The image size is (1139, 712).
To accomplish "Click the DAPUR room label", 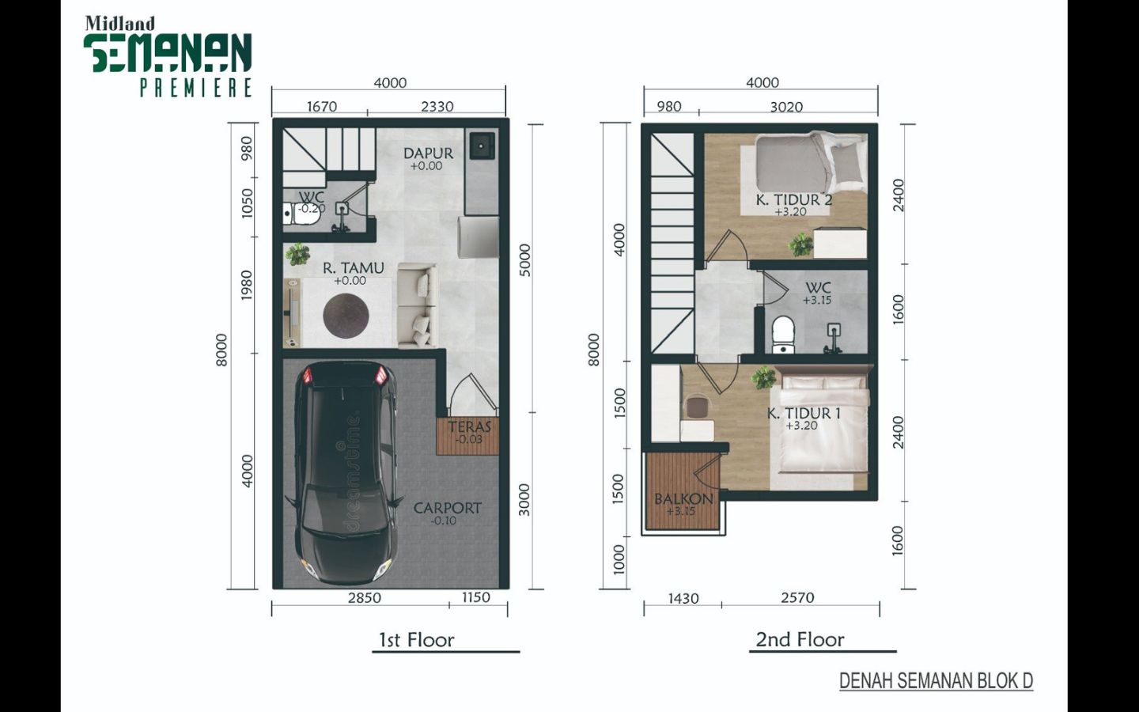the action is [428, 153].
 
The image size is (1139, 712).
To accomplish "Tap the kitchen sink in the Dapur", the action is [481, 146].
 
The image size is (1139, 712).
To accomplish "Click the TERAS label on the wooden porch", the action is [469, 426].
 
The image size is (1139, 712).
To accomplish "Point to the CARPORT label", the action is [447, 508].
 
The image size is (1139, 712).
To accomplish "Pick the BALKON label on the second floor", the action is [683, 499].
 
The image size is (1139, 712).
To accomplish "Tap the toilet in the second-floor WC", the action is [782, 334].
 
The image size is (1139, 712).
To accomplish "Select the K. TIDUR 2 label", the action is [794, 200].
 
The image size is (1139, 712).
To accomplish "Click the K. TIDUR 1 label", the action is [804, 414].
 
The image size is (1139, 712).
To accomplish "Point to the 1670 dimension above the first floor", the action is [321, 106].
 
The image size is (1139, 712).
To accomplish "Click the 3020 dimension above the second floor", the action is [786, 107].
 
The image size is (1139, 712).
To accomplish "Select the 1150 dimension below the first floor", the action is [475, 597].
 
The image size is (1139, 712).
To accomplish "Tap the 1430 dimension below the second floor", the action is [683, 598].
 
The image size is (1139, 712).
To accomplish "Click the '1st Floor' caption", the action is [416, 640].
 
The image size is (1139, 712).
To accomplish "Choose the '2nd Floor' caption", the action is [800, 639].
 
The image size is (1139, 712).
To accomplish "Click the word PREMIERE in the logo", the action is [196, 88].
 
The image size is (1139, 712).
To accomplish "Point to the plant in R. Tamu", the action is [297, 254].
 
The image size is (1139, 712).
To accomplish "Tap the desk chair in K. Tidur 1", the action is [697, 407].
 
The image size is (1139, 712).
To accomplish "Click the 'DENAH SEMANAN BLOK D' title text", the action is [936, 680].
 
